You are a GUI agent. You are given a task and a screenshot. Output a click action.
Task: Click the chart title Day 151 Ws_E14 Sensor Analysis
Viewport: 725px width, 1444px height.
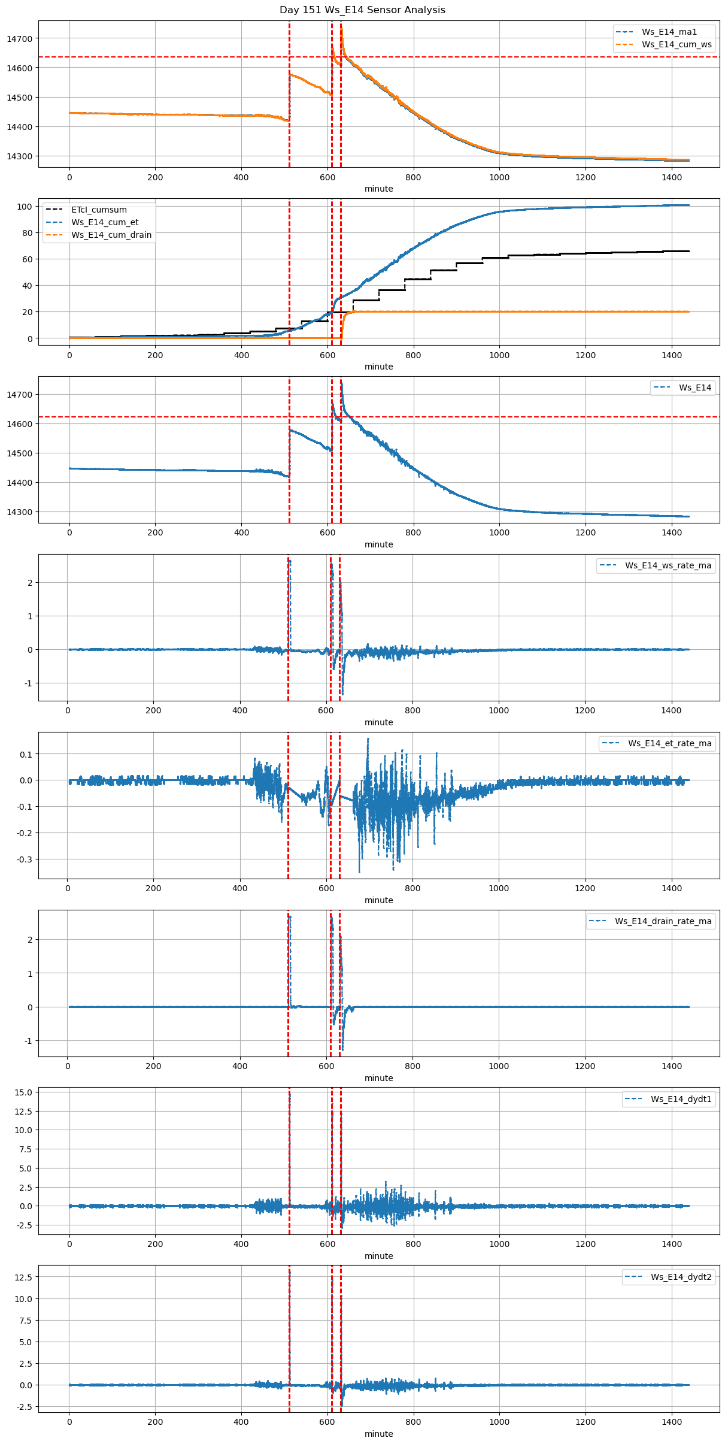click(x=362, y=10)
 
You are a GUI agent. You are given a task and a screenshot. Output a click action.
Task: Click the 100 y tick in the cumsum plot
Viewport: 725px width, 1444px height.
click(x=25, y=207)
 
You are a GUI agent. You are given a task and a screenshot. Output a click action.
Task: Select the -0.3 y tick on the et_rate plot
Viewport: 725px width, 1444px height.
click(x=25, y=859)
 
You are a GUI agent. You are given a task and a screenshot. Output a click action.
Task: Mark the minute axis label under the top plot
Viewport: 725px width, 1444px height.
click(x=379, y=189)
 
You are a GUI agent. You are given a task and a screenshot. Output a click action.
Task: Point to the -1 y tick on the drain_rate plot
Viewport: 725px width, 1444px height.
click(x=28, y=1041)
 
